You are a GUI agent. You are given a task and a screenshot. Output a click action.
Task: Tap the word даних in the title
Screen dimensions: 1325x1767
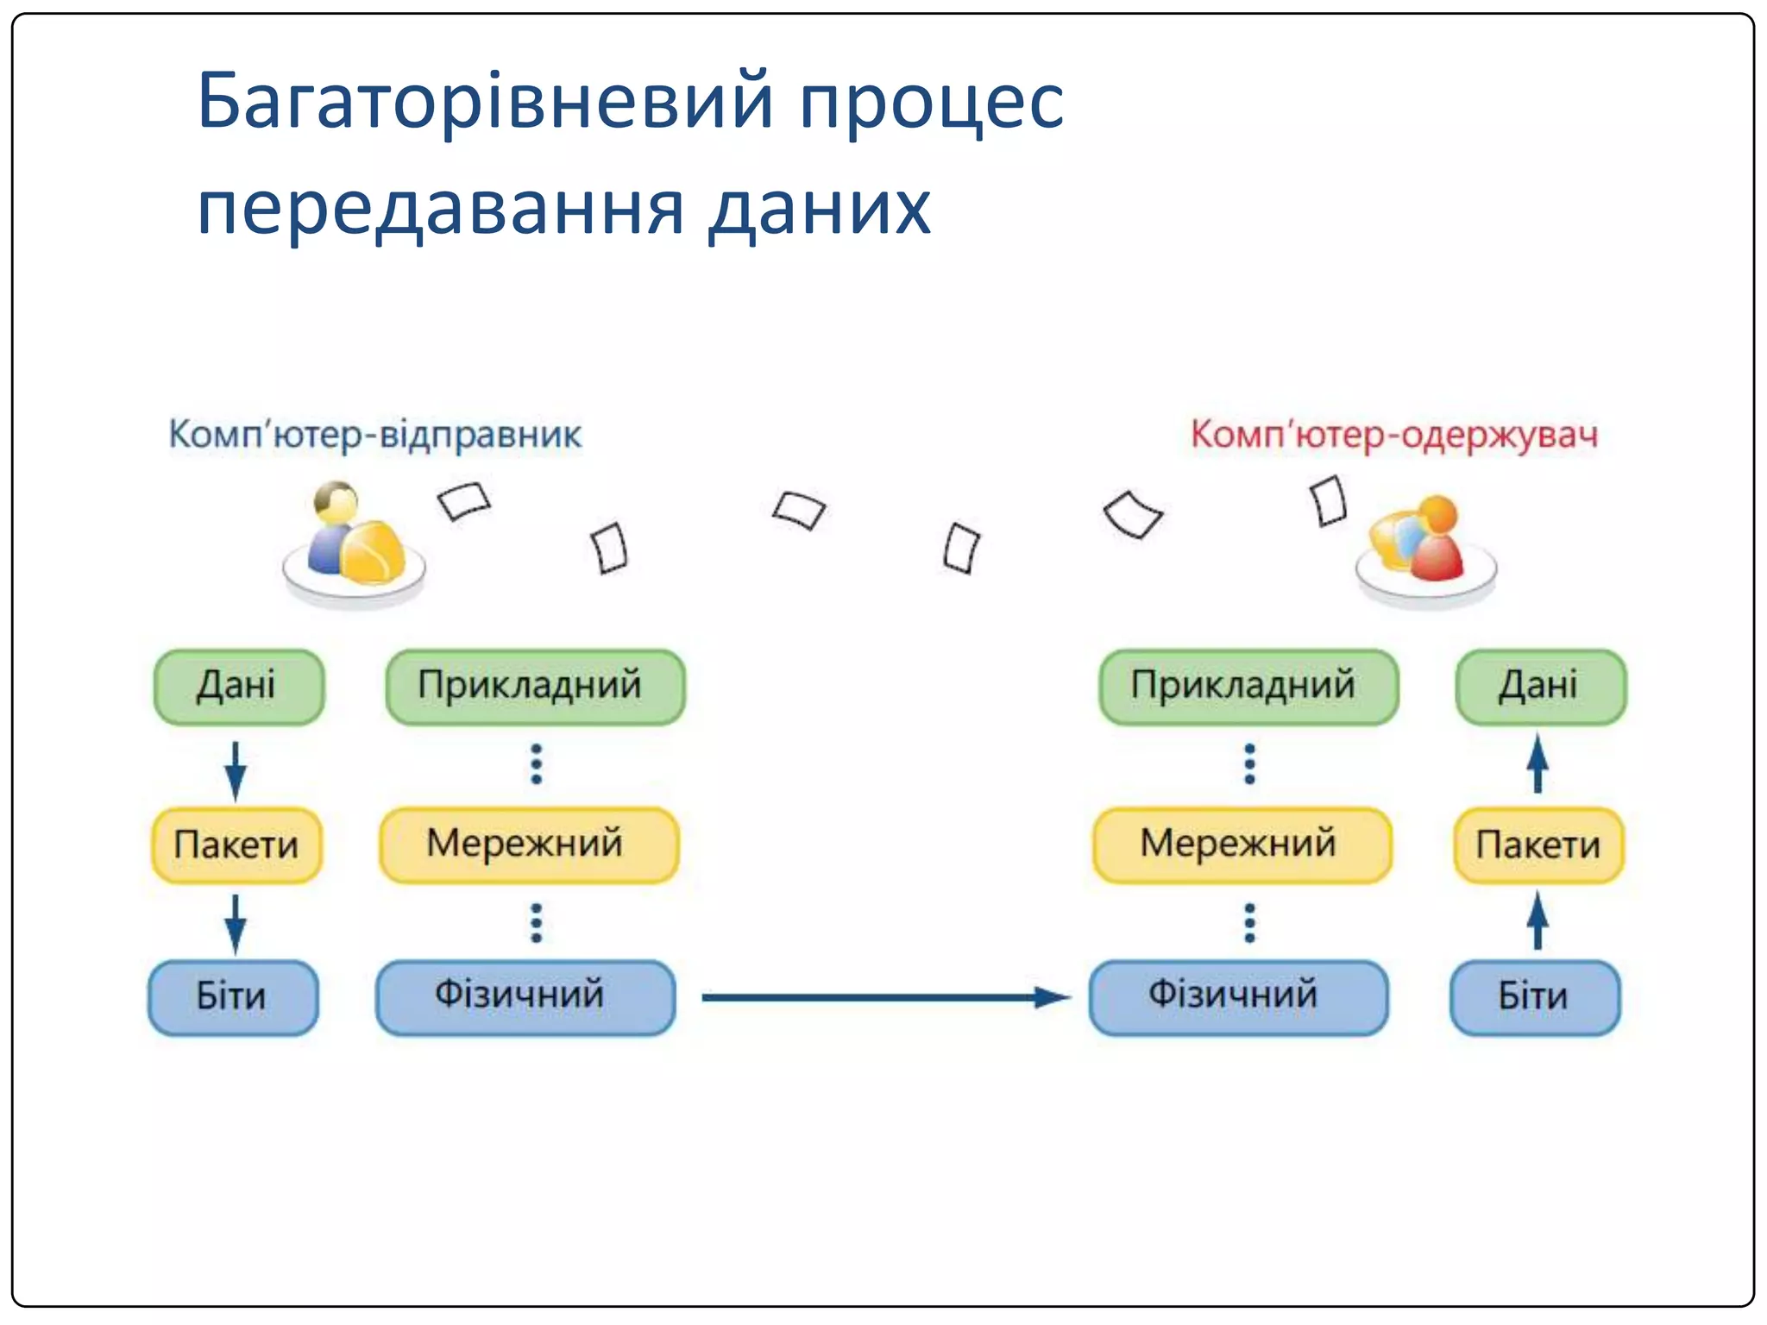click(x=820, y=210)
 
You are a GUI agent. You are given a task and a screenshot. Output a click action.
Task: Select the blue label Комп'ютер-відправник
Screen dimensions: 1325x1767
click(x=374, y=434)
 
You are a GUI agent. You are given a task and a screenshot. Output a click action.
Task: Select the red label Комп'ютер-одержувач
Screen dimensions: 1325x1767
click(x=1393, y=434)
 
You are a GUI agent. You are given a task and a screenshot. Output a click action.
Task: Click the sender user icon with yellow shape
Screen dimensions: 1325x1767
click(x=355, y=542)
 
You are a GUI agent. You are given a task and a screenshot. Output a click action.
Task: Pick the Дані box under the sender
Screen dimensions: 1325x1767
click(x=238, y=687)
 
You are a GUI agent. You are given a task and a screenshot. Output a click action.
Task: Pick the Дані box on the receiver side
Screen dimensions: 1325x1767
click(x=1540, y=687)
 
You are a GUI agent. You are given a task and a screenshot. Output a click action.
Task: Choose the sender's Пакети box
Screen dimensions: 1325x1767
click(x=236, y=845)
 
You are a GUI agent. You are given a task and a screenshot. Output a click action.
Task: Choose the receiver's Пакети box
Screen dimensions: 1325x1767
click(x=1538, y=845)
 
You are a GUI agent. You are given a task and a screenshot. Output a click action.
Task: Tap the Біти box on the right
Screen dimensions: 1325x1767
click(x=1534, y=997)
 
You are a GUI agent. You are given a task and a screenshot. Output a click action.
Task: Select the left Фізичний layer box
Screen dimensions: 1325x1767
click(x=525, y=997)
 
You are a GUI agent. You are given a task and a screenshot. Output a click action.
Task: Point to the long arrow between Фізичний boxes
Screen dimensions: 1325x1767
click(x=884, y=998)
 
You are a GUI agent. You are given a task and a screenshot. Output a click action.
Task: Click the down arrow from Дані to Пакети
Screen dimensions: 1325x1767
click(x=236, y=769)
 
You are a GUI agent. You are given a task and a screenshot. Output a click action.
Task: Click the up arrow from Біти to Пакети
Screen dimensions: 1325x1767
click(x=1537, y=921)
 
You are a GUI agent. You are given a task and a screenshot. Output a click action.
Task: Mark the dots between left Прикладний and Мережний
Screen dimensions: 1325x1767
click(x=536, y=764)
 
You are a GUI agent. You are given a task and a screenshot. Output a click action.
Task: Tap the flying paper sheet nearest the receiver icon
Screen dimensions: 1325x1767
click(x=1328, y=501)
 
